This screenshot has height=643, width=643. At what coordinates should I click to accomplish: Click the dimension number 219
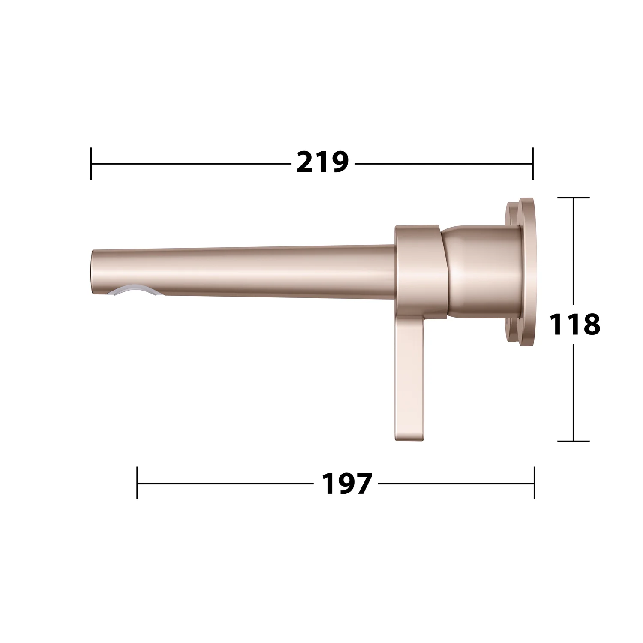(x=323, y=162)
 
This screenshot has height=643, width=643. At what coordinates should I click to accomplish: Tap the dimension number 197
(x=346, y=484)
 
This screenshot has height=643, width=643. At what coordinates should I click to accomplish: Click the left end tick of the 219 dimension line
(x=91, y=163)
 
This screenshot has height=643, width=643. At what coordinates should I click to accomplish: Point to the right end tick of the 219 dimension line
(x=533, y=163)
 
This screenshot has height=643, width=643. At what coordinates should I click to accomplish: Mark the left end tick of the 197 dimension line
(x=137, y=483)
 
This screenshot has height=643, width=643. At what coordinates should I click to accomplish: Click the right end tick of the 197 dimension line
(x=535, y=483)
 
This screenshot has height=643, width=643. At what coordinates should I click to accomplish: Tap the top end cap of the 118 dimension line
(x=574, y=198)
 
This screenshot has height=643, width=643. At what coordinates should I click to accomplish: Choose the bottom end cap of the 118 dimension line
(x=574, y=441)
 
